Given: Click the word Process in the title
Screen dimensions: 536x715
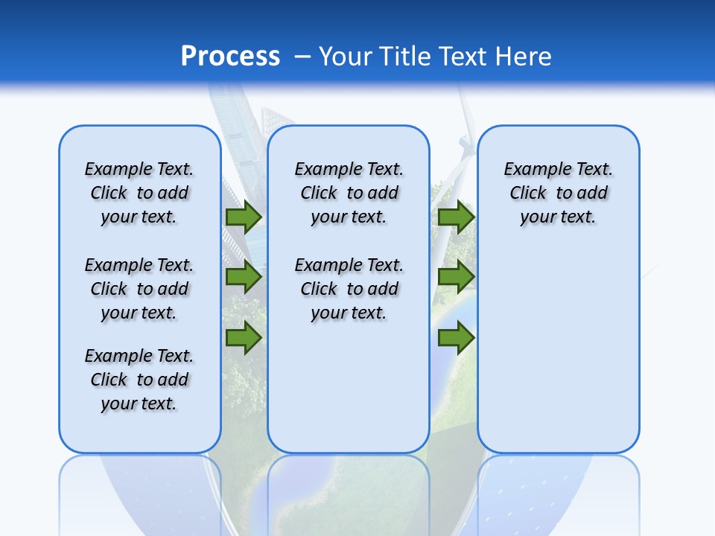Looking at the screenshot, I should [x=230, y=57].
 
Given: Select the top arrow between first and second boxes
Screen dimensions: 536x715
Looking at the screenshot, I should [x=243, y=217].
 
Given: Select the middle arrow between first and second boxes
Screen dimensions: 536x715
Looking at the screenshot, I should [x=243, y=277].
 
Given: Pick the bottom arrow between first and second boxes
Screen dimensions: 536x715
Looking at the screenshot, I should [x=243, y=338].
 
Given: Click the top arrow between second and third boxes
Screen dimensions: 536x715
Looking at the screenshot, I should [x=456, y=217].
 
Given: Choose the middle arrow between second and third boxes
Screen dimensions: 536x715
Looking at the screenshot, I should [x=456, y=277].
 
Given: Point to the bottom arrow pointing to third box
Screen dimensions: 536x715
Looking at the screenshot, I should [x=456, y=338].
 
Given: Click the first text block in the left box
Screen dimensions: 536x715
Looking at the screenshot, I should [x=139, y=193].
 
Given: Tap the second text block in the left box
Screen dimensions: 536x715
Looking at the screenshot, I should [x=139, y=289].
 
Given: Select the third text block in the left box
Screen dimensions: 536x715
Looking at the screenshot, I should [x=139, y=380].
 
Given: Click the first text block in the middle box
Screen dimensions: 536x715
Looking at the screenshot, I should [x=349, y=193].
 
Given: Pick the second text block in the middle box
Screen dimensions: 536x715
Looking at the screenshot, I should [x=349, y=289].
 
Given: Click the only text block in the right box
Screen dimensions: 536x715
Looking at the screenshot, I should [x=558, y=193].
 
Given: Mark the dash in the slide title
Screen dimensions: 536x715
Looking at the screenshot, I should [x=302, y=57].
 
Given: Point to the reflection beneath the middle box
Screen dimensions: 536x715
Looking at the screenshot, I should [x=349, y=491].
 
